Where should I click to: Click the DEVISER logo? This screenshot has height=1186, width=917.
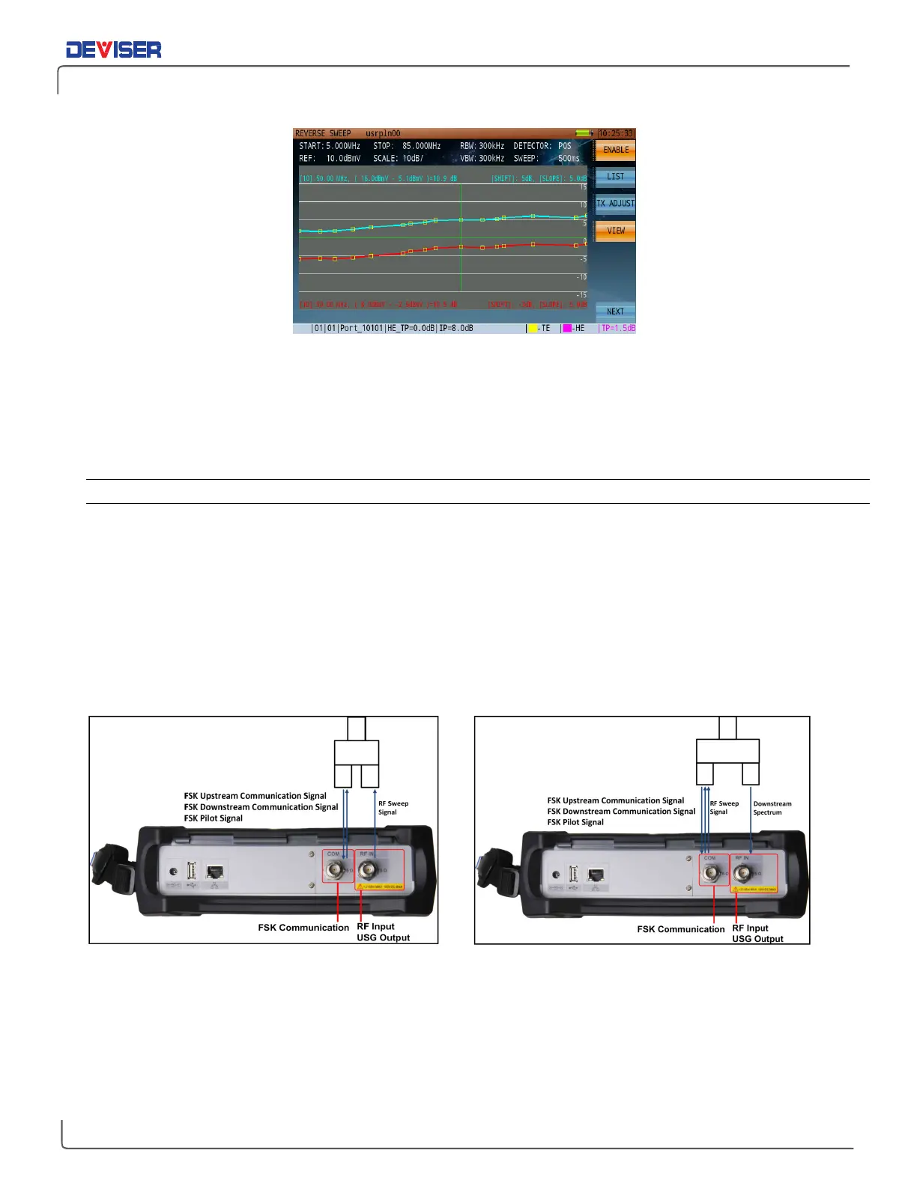pyautogui.click(x=114, y=49)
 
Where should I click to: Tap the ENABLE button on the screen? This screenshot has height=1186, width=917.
pyautogui.click(x=615, y=150)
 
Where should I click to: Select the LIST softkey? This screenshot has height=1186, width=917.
pyautogui.click(x=615, y=177)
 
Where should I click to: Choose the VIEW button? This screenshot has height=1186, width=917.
pyautogui.click(x=615, y=231)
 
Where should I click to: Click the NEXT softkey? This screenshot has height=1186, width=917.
pyautogui.click(x=615, y=311)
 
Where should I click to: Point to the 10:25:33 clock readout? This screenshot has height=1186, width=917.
pyautogui.click(x=616, y=134)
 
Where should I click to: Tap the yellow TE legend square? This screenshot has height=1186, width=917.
pyautogui.click(x=532, y=329)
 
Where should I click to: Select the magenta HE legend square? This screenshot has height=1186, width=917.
pyautogui.click(x=567, y=329)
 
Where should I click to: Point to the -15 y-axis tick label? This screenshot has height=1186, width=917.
pyautogui.click(x=581, y=295)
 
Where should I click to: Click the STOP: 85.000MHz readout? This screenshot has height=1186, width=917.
pyautogui.click(x=407, y=146)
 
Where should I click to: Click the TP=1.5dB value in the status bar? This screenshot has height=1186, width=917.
pyautogui.click(x=618, y=329)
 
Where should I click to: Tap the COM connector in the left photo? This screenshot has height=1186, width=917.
pyautogui.click(x=334, y=869)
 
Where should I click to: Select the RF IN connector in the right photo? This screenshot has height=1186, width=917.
pyautogui.click(x=743, y=873)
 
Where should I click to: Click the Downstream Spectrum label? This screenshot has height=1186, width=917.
pyautogui.click(x=772, y=808)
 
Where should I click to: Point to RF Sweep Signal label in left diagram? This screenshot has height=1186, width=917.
pyautogui.click(x=393, y=808)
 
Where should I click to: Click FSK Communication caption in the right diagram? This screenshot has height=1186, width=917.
pyautogui.click(x=680, y=929)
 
